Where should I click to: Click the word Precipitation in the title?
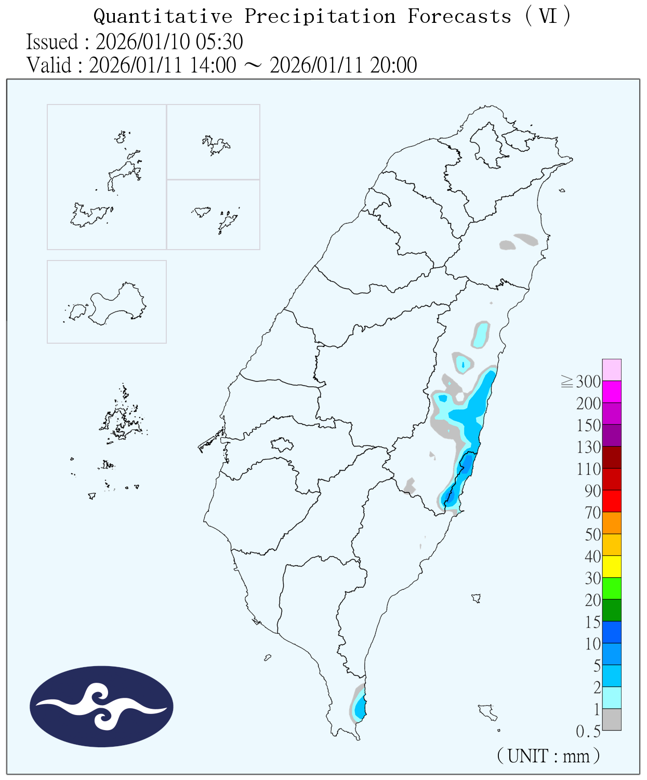[320, 17]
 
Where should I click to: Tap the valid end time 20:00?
[393, 66]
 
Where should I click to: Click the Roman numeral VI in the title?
[548, 17]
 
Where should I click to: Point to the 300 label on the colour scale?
[588, 382]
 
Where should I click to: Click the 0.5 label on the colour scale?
[588, 732]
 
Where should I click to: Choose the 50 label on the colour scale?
[593, 535]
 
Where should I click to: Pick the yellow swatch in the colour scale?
[612, 566]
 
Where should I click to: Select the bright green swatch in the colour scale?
[612, 588]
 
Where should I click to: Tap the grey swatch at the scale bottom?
[612, 719]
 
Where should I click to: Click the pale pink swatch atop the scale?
[612, 370]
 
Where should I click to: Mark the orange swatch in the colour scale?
[612, 523]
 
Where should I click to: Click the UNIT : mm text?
[548, 756]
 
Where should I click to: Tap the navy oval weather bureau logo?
[101, 706]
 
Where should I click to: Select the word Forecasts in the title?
[459, 17]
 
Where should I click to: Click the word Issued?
[52, 42]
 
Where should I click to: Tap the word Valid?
[49, 66]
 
